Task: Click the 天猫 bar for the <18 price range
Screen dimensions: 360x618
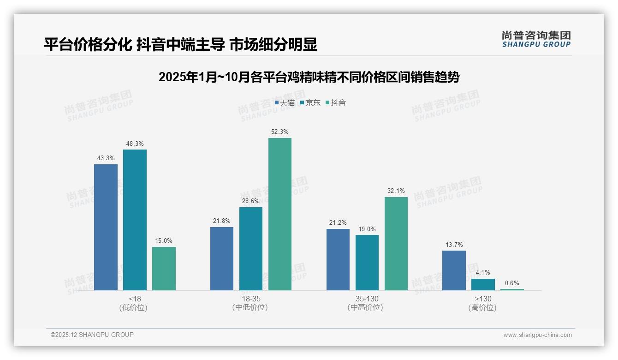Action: [x=106, y=227]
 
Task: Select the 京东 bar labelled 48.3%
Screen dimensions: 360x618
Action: [x=135, y=220]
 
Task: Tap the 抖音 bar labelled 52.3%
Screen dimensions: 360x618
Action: [x=280, y=214]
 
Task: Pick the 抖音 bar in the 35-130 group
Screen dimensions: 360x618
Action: [x=396, y=244]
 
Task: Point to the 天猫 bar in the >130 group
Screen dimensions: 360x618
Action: [x=454, y=270]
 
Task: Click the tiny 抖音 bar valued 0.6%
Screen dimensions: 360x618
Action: [x=512, y=289]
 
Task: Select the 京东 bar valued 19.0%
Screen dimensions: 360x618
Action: [x=367, y=263]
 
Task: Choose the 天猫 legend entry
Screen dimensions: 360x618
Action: [x=285, y=103]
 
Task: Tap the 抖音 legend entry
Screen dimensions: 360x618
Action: [x=336, y=103]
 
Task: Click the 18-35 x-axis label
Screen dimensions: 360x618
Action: [x=250, y=299]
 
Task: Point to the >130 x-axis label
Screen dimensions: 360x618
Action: [x=482, y=299]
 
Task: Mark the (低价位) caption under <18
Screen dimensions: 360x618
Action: [x=134, y=307]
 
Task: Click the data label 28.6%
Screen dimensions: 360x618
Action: [x=251, y=201]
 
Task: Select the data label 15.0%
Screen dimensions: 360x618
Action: [x=164, y=241]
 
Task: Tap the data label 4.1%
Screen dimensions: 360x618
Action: [x=483, y=273]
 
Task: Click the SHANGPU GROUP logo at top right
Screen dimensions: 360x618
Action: [x=536, y=39]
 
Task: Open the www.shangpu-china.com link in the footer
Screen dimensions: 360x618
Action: [x=537, y=335]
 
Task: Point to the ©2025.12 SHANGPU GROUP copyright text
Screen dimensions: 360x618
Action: [x=92, y=335]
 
